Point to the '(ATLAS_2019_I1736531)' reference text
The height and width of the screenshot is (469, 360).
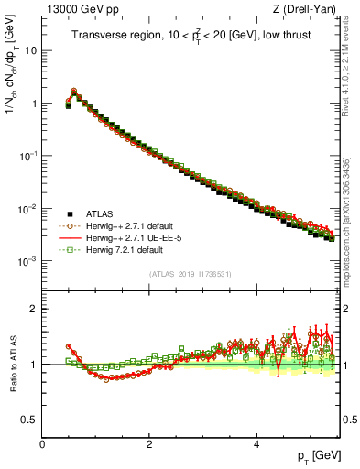coord(191,274)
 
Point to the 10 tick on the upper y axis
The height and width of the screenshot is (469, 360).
coord(31,50)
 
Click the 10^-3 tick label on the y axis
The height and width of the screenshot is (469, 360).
coord(27,261)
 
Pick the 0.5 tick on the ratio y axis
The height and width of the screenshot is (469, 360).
coord(29,420)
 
